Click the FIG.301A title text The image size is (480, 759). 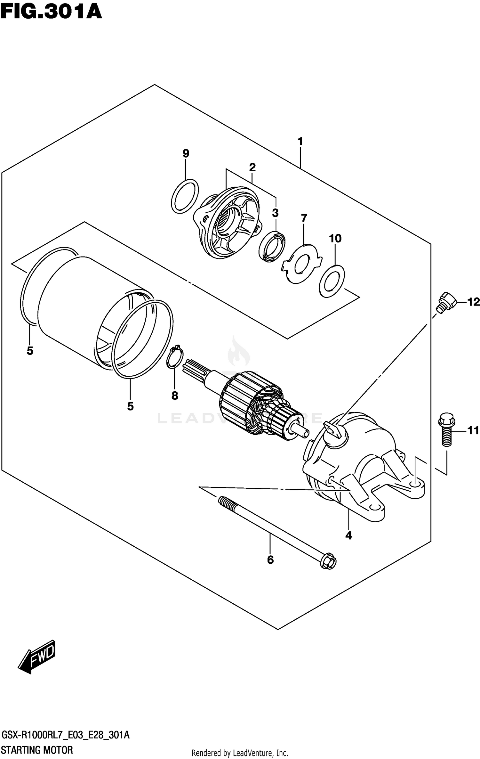click(51, 12)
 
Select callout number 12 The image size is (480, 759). click(473, 302)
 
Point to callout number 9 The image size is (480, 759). click(186, 153)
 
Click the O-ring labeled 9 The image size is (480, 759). click(185, 196)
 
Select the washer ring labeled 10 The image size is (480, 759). click(332, 281)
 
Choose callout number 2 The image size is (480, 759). click(252, 167)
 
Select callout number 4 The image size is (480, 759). click(348, 535)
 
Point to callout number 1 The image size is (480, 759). click(300, 141)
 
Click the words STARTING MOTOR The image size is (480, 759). click(37, 750)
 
